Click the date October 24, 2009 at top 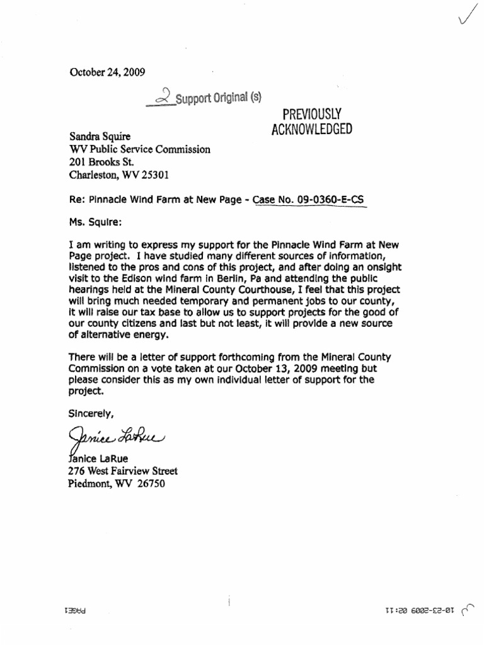[107, 72]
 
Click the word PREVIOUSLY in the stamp [306, 113]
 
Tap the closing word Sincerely [91, 414]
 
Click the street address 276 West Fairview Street [122, 471]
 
